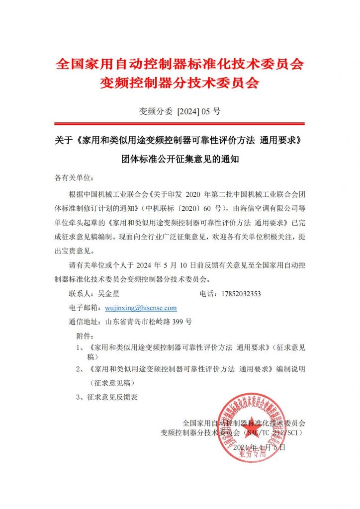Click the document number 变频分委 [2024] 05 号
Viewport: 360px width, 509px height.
tap(180, 111)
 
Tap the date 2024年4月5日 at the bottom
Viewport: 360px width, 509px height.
tap(259, 447)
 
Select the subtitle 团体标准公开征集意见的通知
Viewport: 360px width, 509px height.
tap(180, 160)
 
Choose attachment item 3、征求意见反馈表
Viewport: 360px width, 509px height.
tap(106, 397)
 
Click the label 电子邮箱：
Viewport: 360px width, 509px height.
tap(87, 308)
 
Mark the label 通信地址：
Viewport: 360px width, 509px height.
tap(87, 322)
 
